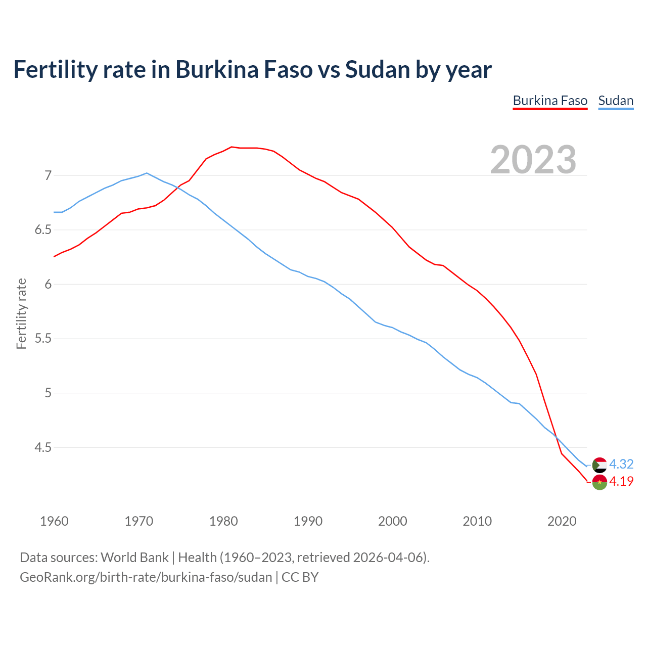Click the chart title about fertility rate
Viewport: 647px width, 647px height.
click(x=252, y=69)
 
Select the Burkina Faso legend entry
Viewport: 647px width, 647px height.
click(x=550, y=101)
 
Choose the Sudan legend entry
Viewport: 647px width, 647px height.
click(x=616, y=101)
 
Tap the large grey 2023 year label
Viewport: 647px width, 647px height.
click(x=533, y=160)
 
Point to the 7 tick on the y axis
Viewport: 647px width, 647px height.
click(x=48, y=175)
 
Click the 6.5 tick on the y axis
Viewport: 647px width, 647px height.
click(x=43, y=230)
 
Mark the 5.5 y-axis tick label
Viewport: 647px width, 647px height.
click(x=43, y=339)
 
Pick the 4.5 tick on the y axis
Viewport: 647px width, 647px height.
click(x=43, y=447)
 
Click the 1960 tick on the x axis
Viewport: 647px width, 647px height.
click(x=54, y=521)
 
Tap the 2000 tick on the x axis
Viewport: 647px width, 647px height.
click(x=392, y=521)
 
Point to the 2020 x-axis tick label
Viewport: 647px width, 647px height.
click(x=562, y=521)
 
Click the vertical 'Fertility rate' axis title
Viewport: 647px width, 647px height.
click(x=21, y=313)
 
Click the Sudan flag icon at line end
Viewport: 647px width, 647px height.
click(x=599, y=465)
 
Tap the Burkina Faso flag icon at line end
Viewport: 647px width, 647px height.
click(x=599, y=482)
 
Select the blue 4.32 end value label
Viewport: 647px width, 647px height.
click(x=621, y=464)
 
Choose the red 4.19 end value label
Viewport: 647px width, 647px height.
click(x=621, y=482)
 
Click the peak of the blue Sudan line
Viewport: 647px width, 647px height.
click(x=147, y=173)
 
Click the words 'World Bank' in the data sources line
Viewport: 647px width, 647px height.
click(x=134, y=558)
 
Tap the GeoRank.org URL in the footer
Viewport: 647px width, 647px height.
click(x=146, y=577)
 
